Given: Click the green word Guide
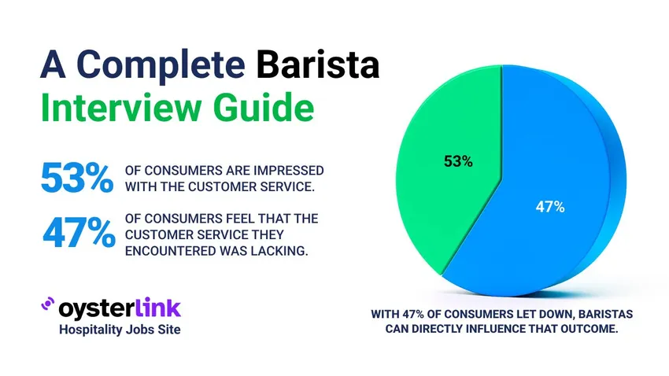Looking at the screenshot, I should [261, 107].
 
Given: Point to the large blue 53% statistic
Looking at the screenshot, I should [76, 177].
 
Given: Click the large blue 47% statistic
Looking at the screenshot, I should [76, 233].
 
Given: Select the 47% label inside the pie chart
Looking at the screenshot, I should [549, 207].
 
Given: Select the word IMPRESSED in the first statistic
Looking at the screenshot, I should [286, 171].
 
